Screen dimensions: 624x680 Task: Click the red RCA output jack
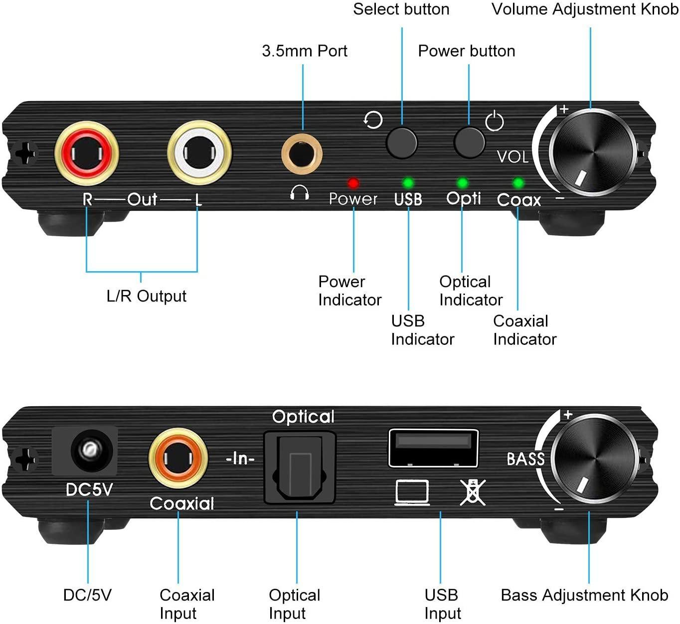point(87,153)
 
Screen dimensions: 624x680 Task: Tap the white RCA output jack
point(199,153)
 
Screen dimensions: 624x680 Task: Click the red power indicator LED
point(353,183)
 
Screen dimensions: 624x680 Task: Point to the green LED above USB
point(408,183)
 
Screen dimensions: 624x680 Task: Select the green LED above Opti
point(463,183)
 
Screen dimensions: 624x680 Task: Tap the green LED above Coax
point(518,183)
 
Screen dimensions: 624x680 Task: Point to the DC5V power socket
point(89,451)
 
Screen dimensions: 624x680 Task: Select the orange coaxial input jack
point(178,458)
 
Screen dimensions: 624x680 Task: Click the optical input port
point(300,467)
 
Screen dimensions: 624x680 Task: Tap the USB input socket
point(433,448)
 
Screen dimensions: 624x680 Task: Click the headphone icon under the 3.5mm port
point(300,192)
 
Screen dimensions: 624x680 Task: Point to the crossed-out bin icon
point(472,492)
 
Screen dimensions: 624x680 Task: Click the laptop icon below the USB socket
point(412,492)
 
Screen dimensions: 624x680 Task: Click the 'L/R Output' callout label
point(147,296)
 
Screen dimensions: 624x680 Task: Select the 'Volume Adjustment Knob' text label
point(585,9)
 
